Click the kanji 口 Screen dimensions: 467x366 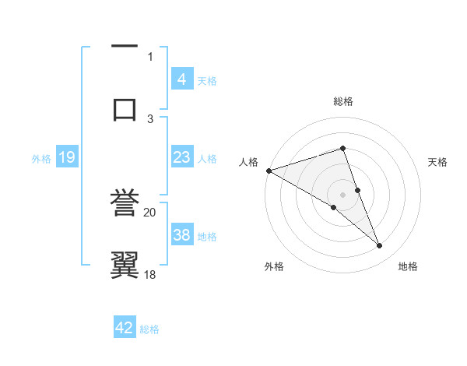(125, 107)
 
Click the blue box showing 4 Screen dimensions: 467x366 (182, 79)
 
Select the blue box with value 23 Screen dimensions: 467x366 (182, 157)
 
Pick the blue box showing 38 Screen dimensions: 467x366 (182, 235)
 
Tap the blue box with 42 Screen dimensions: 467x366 (125, 328)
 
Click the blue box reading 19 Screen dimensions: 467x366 (67, 157)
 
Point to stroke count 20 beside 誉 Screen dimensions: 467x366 (150, 211)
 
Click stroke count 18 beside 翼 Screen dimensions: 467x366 (150, 274)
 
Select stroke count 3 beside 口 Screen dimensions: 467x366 (150, 118)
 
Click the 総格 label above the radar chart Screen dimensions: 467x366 (342, 101)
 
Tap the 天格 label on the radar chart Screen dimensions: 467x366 (438, 162)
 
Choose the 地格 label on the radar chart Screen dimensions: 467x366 (408, 267)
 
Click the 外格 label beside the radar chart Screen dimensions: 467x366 (274, 267)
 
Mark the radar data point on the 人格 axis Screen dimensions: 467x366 (269, 171)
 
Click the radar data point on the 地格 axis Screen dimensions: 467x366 (380, 246)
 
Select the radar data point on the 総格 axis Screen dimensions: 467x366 (342, 148)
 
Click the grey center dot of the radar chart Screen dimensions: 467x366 (342, 194)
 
